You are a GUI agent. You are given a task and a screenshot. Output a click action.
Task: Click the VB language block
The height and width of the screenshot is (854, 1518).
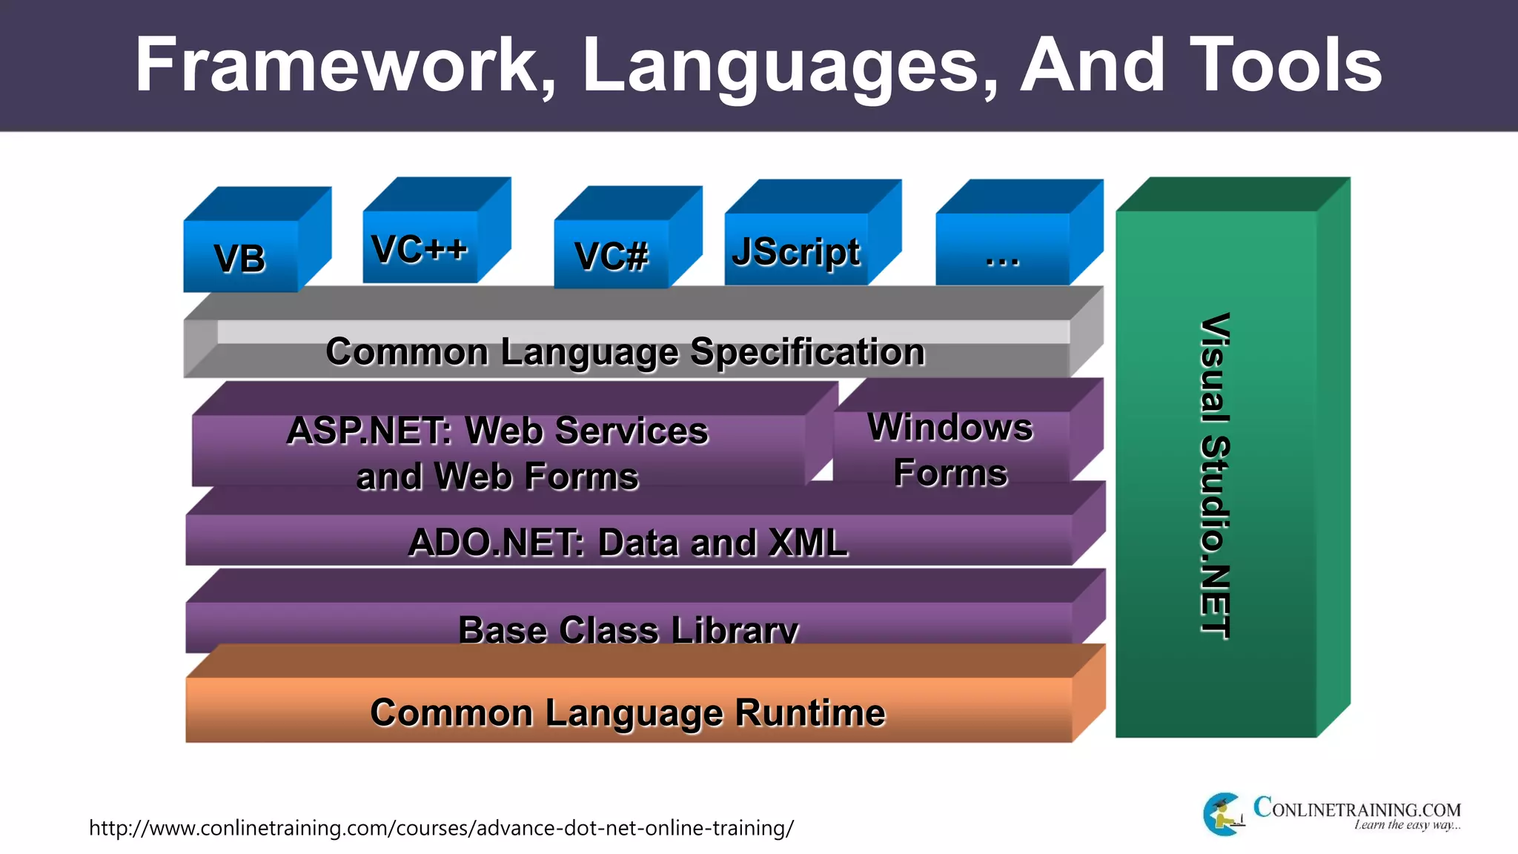coord(240,258)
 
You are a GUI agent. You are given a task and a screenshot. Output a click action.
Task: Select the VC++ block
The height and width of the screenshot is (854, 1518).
coord(420,248)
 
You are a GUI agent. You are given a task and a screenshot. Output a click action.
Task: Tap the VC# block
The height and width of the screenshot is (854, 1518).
coord(611,256)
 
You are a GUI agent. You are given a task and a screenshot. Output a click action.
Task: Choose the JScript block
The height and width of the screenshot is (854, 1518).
coord(796,251)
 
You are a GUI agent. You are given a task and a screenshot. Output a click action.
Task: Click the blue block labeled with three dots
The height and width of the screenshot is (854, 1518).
coord(1002,256)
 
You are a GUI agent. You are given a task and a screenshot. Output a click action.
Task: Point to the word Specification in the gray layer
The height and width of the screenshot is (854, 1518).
coord(807,351)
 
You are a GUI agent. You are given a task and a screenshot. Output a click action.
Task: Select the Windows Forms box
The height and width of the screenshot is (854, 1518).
coord(950,449)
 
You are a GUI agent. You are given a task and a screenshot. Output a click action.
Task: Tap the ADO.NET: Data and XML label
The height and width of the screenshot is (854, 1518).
coord(627,542)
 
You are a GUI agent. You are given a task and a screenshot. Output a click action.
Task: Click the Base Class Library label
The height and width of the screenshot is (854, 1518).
coord(627,630)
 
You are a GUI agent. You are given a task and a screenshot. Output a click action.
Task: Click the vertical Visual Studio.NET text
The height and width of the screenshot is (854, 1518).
coord(1216,474)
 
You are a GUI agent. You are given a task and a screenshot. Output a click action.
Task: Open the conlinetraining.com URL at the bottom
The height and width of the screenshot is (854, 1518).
coord(441,827)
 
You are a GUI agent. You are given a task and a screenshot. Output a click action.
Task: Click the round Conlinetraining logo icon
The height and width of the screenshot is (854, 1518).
coord(1223,814)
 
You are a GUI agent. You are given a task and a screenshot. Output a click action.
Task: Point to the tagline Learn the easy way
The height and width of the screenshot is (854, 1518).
coord(1406,825)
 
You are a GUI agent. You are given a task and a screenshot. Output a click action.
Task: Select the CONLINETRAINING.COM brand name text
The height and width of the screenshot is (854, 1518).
coord(1356,808)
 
